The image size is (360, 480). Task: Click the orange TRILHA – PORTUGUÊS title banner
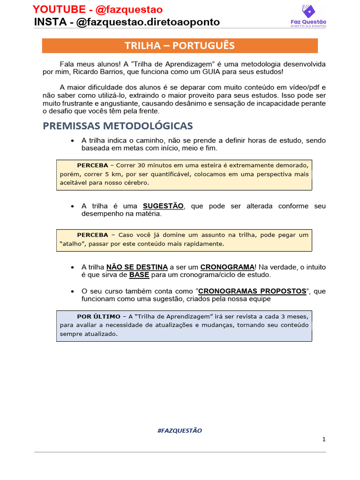coord(180,45)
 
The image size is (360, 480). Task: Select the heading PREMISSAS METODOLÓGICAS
coord(118,126)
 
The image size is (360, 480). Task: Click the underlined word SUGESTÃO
coord(163,206)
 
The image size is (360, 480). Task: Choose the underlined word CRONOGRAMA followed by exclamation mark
coord(227,267)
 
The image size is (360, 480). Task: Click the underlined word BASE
coord(139,275)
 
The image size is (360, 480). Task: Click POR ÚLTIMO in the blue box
coord(97,316)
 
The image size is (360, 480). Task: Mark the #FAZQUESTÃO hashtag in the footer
coord(180,430)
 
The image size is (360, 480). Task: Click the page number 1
coord(323,439)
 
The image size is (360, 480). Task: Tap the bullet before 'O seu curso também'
coord(72,292)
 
